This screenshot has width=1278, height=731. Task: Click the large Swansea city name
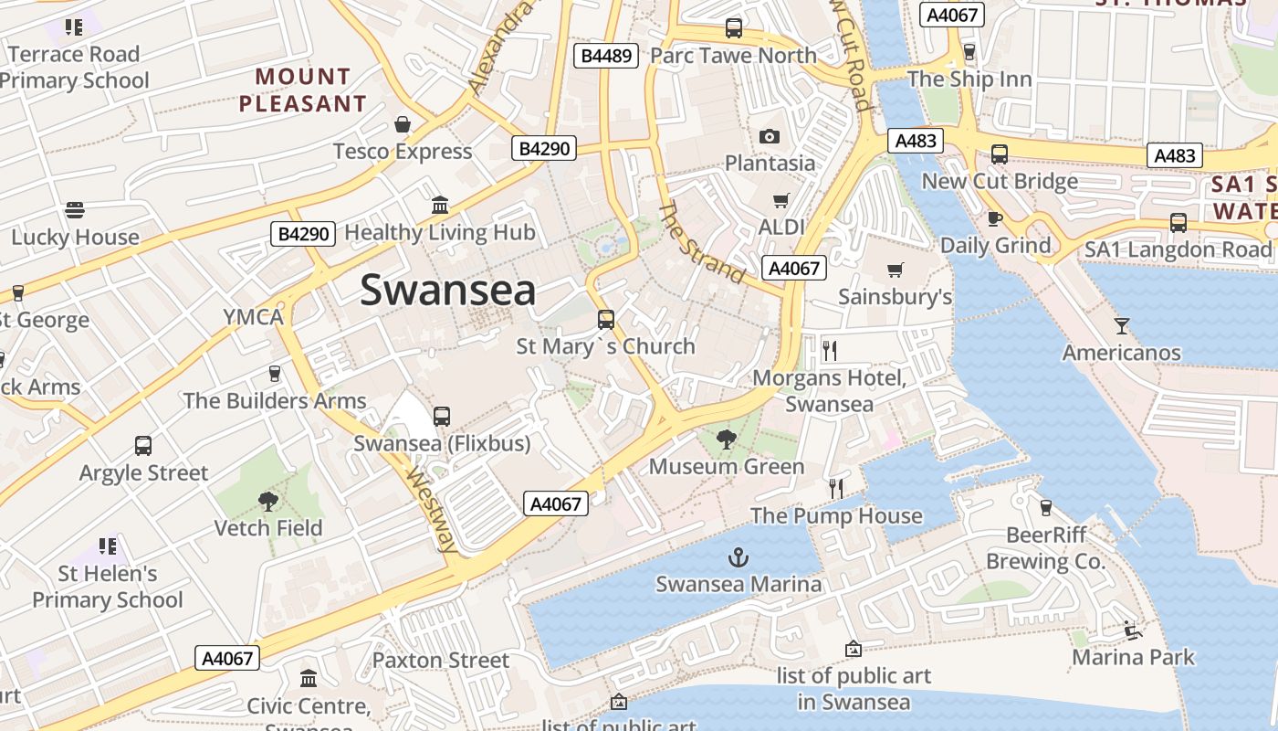[447, 291]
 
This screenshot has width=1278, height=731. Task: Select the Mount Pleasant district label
[302, 90]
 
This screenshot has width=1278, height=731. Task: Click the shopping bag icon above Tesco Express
[403, 124]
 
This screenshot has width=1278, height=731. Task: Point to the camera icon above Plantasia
[770, 137]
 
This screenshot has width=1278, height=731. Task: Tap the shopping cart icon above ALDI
[780, 200]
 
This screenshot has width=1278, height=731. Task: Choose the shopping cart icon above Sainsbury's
[895, 270]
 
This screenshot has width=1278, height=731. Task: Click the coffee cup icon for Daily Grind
[995, 218]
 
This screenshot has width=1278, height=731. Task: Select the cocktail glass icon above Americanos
[1121, 325]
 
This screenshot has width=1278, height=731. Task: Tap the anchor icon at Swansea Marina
[738, 556]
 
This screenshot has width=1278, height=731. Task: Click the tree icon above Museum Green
[727, 440]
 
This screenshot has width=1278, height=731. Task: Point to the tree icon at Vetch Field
[267, 501]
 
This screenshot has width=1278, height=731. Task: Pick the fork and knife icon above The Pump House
[835, 488]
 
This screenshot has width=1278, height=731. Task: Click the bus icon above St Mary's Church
[605, 320]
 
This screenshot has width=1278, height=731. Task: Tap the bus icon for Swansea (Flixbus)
[442, 417]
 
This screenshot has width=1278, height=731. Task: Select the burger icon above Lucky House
[75, 210]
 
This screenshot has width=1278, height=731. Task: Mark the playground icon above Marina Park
[1132, 630]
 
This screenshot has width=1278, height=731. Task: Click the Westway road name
[432, 512]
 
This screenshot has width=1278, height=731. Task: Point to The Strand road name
[701, 243]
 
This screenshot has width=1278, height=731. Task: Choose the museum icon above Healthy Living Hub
[440, 205]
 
